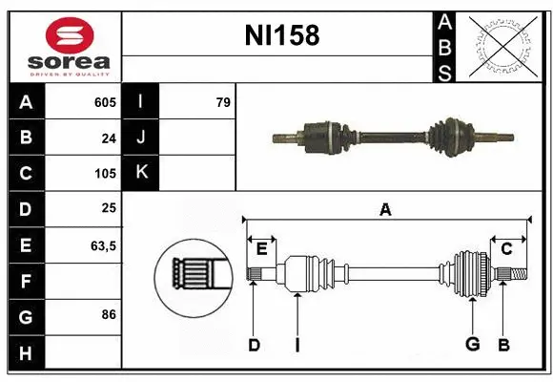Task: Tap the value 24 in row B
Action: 109,138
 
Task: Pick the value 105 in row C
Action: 105,174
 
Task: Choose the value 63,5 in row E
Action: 103,245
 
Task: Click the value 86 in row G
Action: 108,313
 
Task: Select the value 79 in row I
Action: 223,102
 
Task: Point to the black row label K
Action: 141,173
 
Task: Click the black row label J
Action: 141,138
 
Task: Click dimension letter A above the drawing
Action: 385,210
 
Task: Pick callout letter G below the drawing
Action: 471,345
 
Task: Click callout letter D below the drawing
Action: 254,345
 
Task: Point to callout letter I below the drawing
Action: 297,345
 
